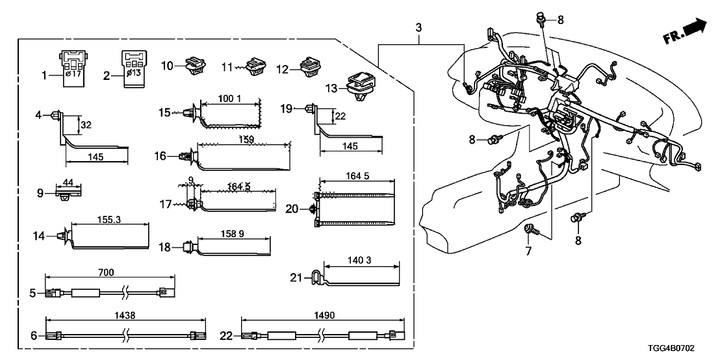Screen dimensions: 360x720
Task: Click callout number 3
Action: point(419,28)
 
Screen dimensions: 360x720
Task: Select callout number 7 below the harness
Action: point(528,250)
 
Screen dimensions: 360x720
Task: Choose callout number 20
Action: point(292,209)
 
